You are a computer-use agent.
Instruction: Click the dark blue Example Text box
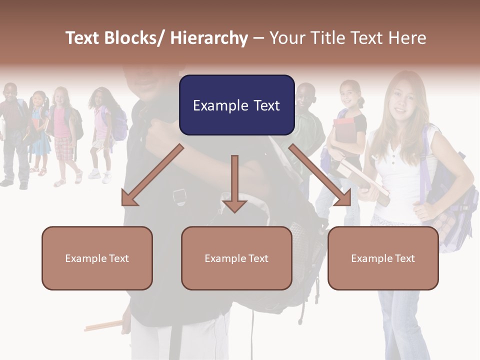pyautogui.click(x=236, y=105)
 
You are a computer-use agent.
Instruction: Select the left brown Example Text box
pyautogui.click(x=97, y=258)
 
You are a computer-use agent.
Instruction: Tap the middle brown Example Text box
pyautogui.click(x=236, y=258)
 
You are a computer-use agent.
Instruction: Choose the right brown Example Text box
pyautogui.click(x=383, y=258)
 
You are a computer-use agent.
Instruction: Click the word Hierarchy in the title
pyautogui.click(x=209, y=38)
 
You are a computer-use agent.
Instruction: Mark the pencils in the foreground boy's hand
pyautogui.click(x=102, y=326)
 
